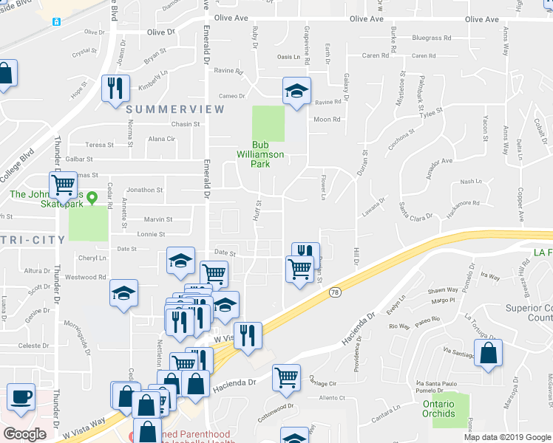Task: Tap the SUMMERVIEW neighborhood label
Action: coord(175,109)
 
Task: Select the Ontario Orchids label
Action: coord(439,408)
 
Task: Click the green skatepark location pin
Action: coord(92,198)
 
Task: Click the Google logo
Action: coord(25,433)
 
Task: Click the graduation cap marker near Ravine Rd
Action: coord(297,92)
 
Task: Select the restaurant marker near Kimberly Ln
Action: coord(115,88)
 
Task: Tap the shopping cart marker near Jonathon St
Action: coord(64,183)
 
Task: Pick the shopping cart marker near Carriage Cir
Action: coord(286,377)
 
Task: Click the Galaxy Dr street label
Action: coord(345,88)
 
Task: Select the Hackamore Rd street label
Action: coord(461,203)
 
